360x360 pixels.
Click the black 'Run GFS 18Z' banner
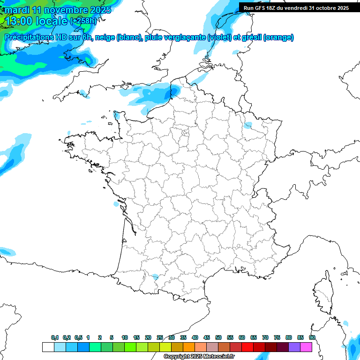297,8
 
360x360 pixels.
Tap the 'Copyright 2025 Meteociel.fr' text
199,357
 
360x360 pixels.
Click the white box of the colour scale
48,347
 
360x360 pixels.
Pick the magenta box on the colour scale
306,347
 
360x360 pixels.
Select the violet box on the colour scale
294,347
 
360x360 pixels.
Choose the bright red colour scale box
247,347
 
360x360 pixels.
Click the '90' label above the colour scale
312,337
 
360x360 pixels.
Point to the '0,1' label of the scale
55,337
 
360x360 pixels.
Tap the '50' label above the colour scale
218,337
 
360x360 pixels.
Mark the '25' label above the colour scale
160,337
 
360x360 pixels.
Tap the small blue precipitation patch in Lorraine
248,125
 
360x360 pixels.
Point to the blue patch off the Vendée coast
116,204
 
